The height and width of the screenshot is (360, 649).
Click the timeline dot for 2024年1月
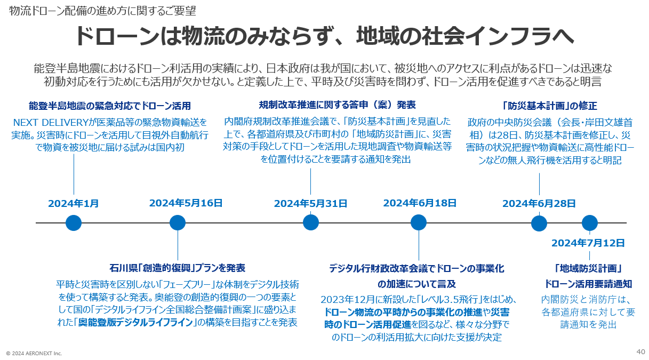pyautogui.click(x=74, y=223)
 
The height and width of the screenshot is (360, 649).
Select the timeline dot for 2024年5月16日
pyautogui.click(x=178, y=223)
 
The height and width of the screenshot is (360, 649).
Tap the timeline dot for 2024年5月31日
pyautogui.click(x=311, y=223)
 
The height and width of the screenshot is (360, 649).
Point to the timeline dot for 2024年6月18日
pyautogui.click(x=419, y=223)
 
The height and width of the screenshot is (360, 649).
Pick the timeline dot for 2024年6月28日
pyautogui.click(x=539, y=223)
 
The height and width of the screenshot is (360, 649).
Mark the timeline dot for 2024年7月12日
pyautogui.click(x=589, y=223)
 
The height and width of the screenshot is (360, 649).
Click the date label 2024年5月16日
pyautogui.click(x=186, y=203)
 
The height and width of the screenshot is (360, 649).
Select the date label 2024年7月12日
pyautogui.click(x=588, y=243)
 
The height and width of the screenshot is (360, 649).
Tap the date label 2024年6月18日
pyautogui.click(x=420, y=203)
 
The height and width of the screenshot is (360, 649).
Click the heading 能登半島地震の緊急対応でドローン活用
pyautogui.click(x=110, y=106)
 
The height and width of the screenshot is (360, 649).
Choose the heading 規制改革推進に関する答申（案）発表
pyautogui.click(x=337, y=105)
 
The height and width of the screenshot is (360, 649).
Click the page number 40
pyautogui.click(x=641, y=351)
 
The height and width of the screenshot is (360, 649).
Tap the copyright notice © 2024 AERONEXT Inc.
pyautogui.click(x=34, y=353)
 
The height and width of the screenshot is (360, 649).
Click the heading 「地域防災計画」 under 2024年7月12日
pyautogui.click(x=588, y=268)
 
